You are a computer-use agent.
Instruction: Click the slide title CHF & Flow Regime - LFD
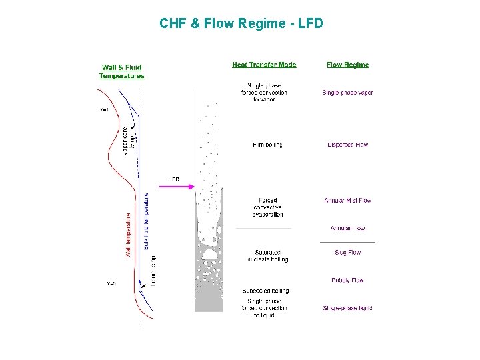[241, 24]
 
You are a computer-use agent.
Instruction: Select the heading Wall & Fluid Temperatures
[121, 71]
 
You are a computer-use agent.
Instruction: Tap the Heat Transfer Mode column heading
[264, 65]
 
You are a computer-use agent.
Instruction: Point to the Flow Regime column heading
[347, 65]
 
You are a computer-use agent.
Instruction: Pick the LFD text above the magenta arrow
[174, 179]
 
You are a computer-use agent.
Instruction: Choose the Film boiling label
[267, 145]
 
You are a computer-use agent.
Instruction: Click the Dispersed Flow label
[347, 145]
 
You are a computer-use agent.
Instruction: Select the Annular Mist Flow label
[347, 201]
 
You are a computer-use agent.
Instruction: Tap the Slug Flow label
[347, 253]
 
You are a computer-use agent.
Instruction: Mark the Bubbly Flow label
[347, 281]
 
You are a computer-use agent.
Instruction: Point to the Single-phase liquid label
[347, 308]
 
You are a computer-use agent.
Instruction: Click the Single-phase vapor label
[347, 93]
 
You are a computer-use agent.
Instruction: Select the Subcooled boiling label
[265, 291]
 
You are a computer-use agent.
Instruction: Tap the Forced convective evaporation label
[267, 207]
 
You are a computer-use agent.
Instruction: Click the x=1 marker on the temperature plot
[105, 109]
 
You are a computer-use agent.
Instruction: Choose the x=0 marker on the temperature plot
[111, 284]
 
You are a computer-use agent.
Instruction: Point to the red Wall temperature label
[128, 235]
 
